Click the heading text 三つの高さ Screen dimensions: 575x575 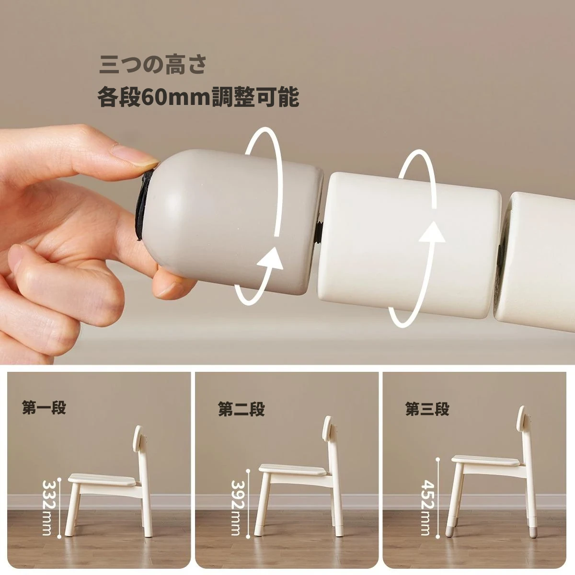tap(152, 65)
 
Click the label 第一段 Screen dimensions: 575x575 tap(44, 407)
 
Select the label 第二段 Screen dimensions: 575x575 tap(241, 409)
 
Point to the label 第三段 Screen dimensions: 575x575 tap(427, 409)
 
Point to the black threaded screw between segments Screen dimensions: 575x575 tap(319, 233)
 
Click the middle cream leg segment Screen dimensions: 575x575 tap(409, 245)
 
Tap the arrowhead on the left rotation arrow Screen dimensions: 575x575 tap(270, 259)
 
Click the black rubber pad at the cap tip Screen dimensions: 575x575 tap(144, 206)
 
